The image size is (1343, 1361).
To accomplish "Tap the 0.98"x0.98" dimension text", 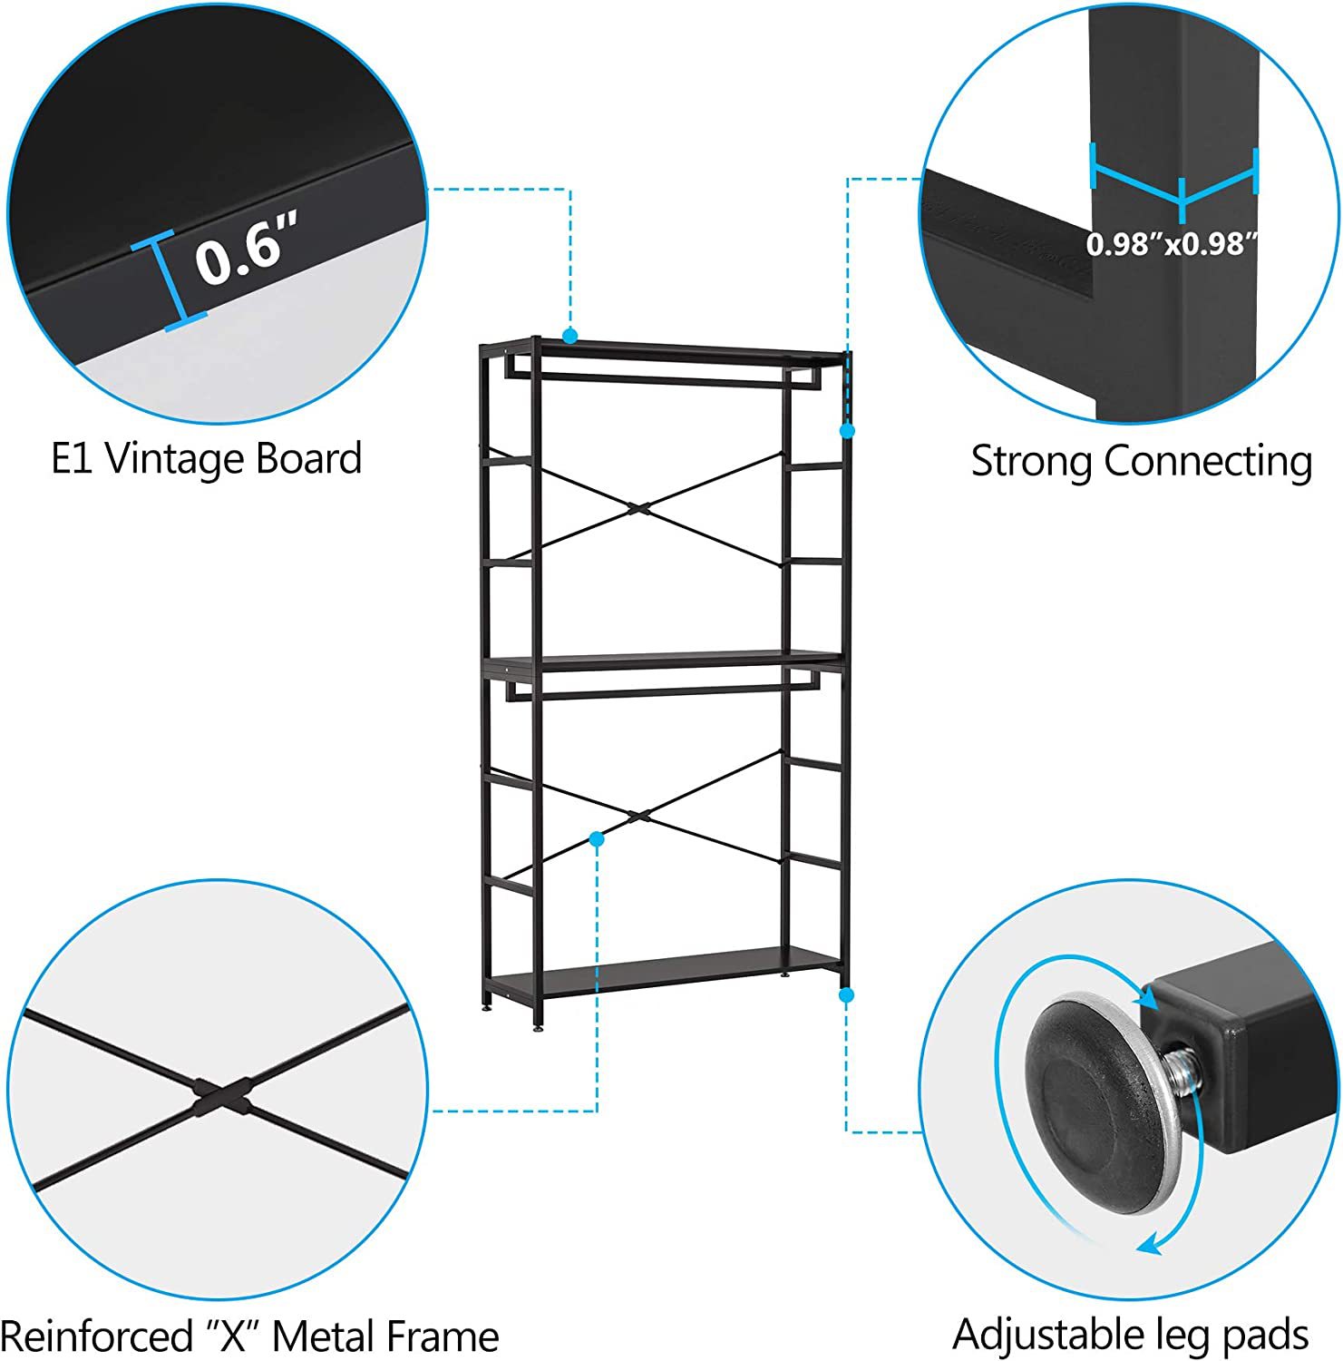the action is (1173, 242).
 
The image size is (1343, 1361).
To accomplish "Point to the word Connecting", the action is (1208, 462).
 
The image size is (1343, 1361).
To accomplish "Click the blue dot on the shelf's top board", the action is (569, 337).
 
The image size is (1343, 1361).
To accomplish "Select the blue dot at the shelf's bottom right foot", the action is (847, 995).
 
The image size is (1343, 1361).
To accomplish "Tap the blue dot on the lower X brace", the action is (597, 839).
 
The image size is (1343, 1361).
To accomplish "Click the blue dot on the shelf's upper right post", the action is (847, 431).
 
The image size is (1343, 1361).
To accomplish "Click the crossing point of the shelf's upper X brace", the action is (641, 508).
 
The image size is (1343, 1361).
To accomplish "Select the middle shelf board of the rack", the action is (664, 662).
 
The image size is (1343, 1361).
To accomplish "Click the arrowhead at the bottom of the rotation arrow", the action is (1150, 1242).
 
